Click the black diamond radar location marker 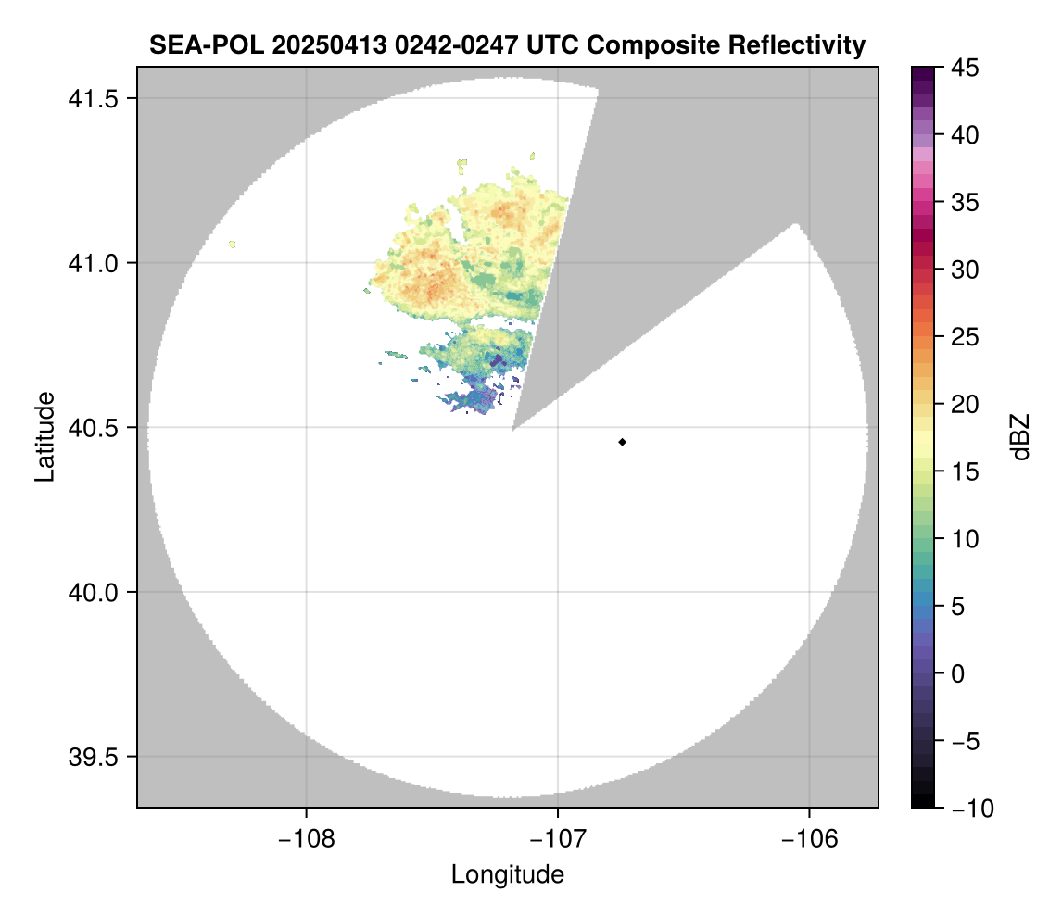623,442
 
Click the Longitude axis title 508,873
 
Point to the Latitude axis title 44,436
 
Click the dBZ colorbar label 1020,437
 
